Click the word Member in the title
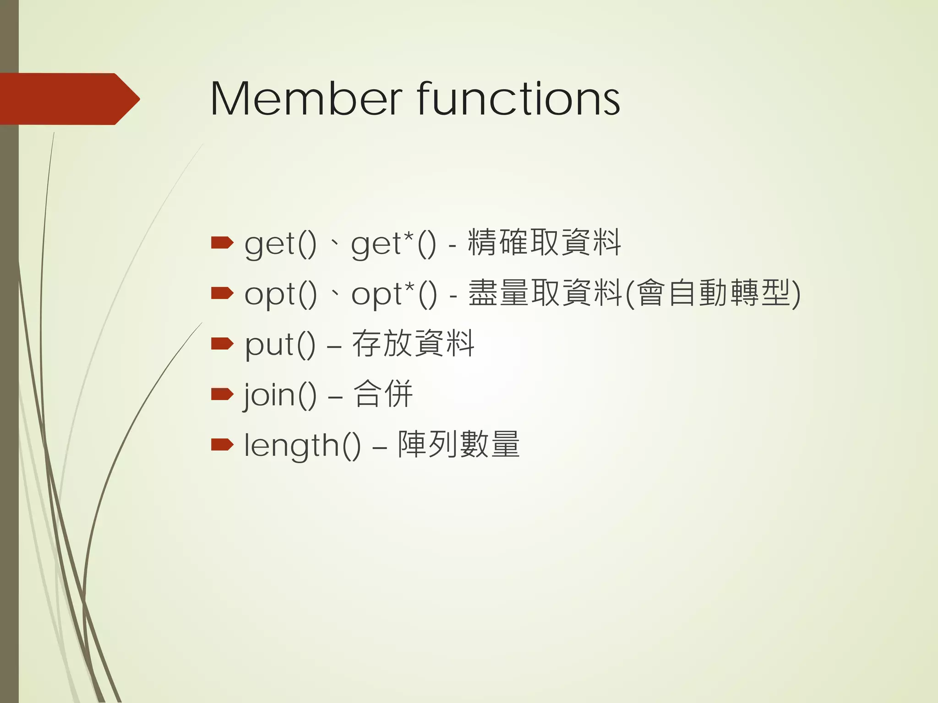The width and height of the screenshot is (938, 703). coord(306,99)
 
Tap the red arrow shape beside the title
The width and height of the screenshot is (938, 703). coord(69,99)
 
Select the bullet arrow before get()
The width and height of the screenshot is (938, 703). coord(222,243)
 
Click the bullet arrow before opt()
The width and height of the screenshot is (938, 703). coord(222,293)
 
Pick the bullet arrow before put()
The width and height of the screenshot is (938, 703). coord(222,343)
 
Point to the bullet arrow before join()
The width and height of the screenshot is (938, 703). coord(222,394)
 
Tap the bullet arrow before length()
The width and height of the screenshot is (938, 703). coord(222,444)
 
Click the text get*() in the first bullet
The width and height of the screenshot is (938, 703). coord(394,243)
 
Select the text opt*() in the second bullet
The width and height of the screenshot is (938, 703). coord(394,294)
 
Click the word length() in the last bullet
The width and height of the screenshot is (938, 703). coord(302,445)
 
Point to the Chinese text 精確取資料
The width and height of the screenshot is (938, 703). coord(544,243)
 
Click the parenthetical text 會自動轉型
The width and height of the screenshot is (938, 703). coord(713,293)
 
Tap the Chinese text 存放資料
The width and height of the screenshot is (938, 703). coord(413,343)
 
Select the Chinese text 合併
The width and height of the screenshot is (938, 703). coord(383,394)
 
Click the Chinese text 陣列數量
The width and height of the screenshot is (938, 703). coord(459,444)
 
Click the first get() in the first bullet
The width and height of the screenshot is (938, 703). coord(280,243)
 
